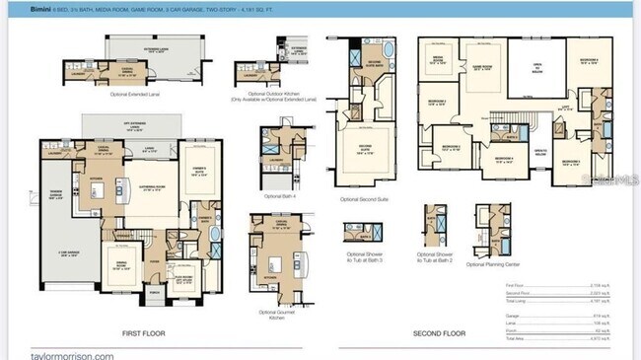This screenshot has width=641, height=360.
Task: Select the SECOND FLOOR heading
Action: [439, 333]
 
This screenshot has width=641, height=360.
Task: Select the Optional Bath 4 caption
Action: [268, 196]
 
